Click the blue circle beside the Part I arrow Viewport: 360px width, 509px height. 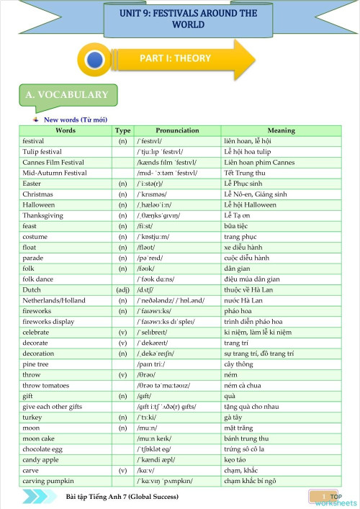click(x=94, y=60)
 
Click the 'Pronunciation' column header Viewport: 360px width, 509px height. click(x=177, y=131)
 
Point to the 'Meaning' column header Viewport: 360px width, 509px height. click(x=281, y=131)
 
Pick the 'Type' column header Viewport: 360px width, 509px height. click(x=122, y=131)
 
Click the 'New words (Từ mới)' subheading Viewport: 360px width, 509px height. click(x=76, y=120)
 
